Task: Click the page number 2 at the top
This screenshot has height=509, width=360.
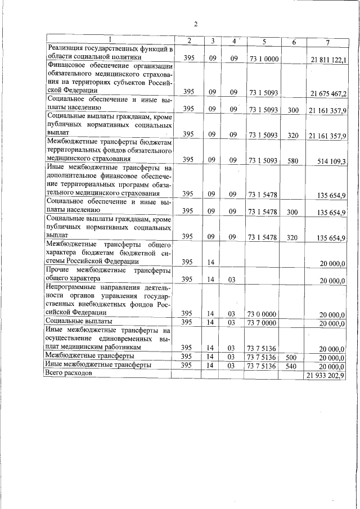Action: coord(196,24)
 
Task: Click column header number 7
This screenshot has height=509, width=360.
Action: coord(327,43)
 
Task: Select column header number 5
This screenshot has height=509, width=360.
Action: coord(264,42)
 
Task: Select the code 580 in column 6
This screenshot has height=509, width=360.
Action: coord(292,160)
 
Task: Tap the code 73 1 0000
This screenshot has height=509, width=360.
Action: coord(264,58)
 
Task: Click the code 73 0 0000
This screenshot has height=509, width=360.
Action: coord(264,313)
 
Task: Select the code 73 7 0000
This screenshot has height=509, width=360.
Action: coord(264,322)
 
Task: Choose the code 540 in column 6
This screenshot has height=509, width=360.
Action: coord(292,366)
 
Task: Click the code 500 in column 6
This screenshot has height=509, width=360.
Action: coord(292,357)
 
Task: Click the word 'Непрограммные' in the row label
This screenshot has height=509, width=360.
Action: coord(72,287)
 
